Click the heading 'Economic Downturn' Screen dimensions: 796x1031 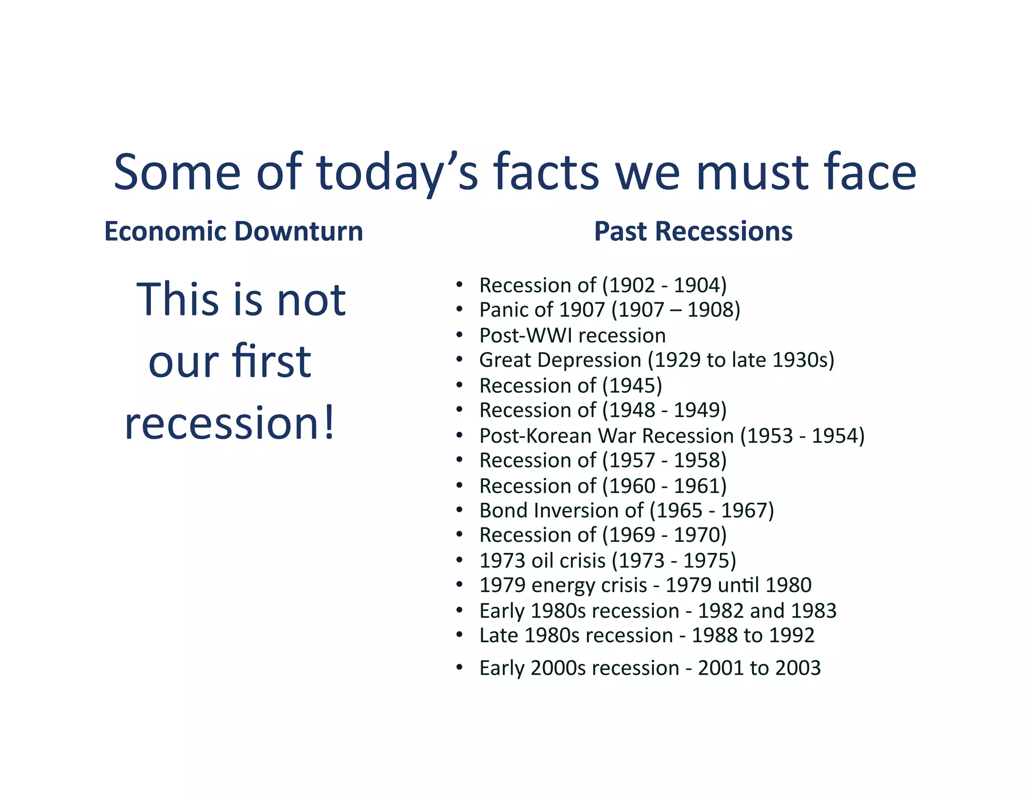pos(234,231)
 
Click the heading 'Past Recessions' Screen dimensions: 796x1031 pos(693,231)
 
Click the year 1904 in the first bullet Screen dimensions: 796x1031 pos(697,285)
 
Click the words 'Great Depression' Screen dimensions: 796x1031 pos(560,360)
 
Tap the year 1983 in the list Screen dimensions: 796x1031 pos(813,610)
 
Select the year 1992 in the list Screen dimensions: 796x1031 pos(791,635)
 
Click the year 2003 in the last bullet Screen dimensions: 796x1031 pos(797,668)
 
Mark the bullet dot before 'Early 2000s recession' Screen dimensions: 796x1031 pos(459,668)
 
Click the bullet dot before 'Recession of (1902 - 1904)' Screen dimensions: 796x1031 pos(459,285)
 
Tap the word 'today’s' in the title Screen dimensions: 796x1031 pos(397,172)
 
